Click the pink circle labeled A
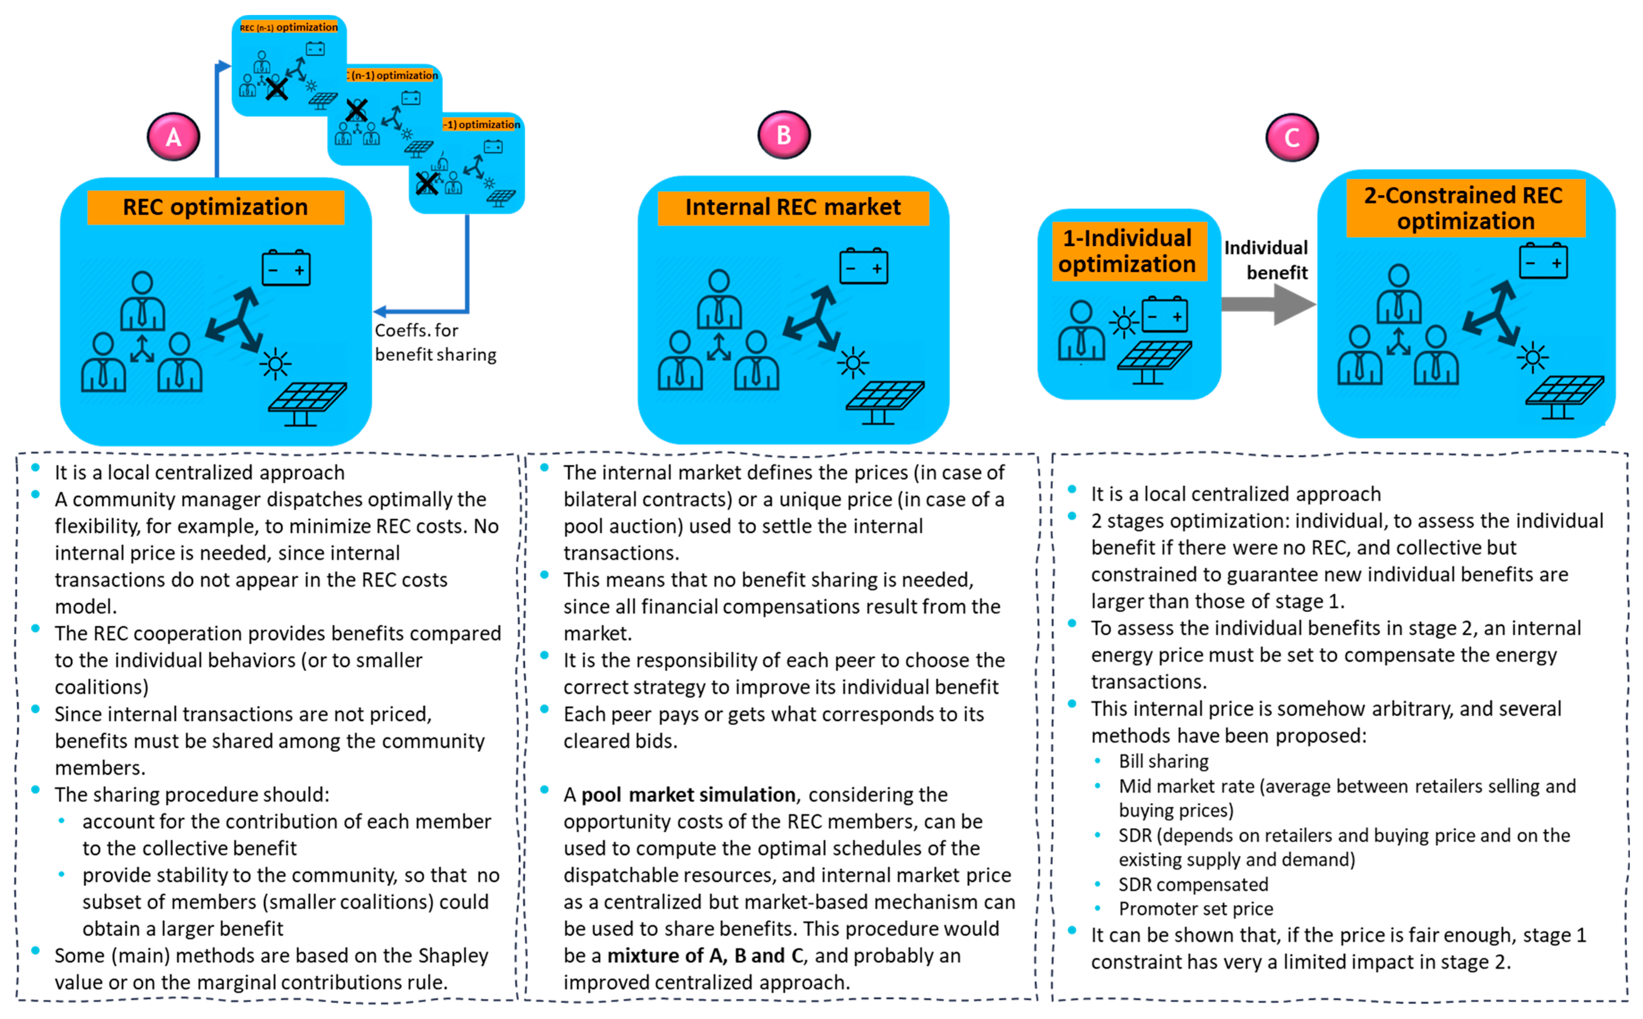pos(173,137)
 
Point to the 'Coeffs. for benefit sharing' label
pos(435,342)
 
